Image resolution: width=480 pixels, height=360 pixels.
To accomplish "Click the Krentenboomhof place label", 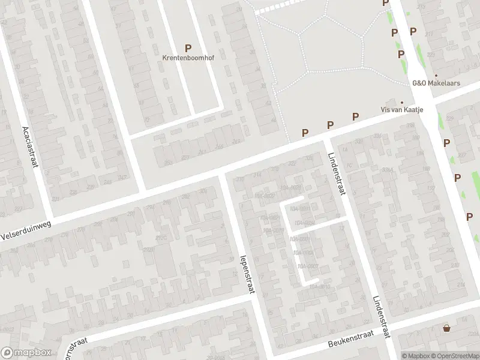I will pyautogui.click(x=188, y=58).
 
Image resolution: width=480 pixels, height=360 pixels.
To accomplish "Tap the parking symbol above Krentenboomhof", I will pyautogui.click(x=188, y=47).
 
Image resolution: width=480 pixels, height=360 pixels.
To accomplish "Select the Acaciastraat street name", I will pyautogui.click(x=29, y=147).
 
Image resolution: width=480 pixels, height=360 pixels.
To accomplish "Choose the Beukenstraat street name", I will pyautogui.click(x=350, y=340).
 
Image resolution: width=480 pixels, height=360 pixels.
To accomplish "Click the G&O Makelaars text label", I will pyautogui.click(x=436, y=83).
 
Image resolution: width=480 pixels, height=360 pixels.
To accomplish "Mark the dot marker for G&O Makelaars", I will pyautogui.click(x=436, y=76).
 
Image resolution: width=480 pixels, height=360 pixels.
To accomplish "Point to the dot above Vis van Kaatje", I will pyautogui.click(x=403, y=102).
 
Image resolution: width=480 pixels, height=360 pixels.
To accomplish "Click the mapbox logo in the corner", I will pyautogui.click(x=25, y=353).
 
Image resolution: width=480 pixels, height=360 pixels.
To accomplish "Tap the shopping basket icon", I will pyautogui.click(x=446, y=328).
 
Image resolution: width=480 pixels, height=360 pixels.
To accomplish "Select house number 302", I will pyautogui.click(x=185, y=196).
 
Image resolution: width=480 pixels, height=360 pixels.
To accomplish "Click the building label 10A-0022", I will pyautogui.click(x=265, y=196).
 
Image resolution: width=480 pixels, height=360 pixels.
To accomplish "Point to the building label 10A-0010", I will pyautogui.click(x=320, y=287).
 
